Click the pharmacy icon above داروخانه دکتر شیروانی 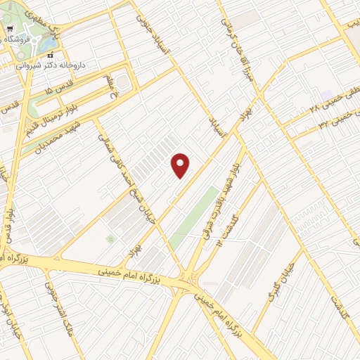pyautogui.click(x=49, y=56)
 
